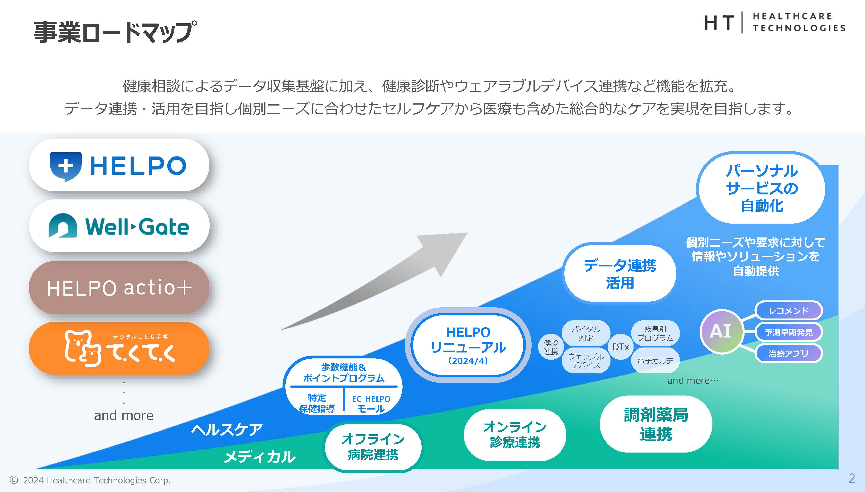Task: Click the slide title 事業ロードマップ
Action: (x=115, y=32)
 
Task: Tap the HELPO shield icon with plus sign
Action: (x=66, y=166)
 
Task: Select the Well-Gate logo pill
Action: (x=119, y=226)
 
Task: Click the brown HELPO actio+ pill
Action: (x=119, y=288)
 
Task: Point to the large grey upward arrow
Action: (x=389, y=277)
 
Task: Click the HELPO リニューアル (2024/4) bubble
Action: (x=468, y=345)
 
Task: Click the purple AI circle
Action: (x=721, y=332)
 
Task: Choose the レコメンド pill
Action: (x=788, y=311)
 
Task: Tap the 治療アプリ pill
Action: (x=788, y=353)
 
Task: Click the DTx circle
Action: (x=621, y=347)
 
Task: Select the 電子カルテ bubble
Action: (x=655, y=361)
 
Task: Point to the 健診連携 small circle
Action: (x=551, y=347)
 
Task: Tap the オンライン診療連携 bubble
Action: (x=515, y=434)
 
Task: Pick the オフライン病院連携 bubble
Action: (x=373, y=447)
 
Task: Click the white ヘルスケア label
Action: (x=227, y=430)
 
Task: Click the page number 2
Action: (x=852, y=478)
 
